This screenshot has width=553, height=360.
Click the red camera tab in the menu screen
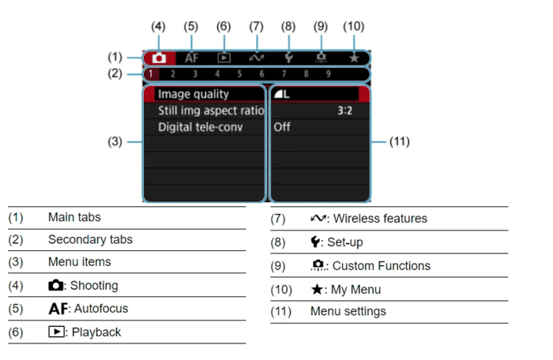(x=159, y=58)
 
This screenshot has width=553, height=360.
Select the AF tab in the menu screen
(x=191, y=58)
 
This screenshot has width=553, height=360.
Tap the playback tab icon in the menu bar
(x=224, y=58)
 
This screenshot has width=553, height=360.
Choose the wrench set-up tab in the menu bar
(x=289, y=58)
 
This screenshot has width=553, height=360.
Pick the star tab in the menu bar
(x=354, y=58)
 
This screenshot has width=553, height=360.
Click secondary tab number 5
(x=239, y=74)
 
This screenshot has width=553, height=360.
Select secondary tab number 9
(x=329, y=74)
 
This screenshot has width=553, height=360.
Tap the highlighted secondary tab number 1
(x=151, y=74)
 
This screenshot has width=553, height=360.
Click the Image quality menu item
(x=194, y=94)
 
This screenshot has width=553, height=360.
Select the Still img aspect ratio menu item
(x=211, y=111)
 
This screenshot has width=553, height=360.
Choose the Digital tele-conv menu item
(x=201, y=127)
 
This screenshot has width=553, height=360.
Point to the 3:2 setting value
(x=344, y=111)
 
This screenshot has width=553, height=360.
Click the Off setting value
(x=282, y=127)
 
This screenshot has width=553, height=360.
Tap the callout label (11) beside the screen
(x=399, y=142)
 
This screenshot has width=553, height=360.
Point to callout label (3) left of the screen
(x=115, y=142)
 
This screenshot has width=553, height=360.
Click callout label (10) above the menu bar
(x=354, y=26)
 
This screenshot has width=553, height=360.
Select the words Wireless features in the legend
(x=380, y=219)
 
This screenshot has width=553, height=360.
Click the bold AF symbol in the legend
(x=58, y=309)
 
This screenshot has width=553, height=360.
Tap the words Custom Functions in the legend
(x=382, y=266)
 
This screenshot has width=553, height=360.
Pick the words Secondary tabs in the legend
(x=90, y=240)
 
